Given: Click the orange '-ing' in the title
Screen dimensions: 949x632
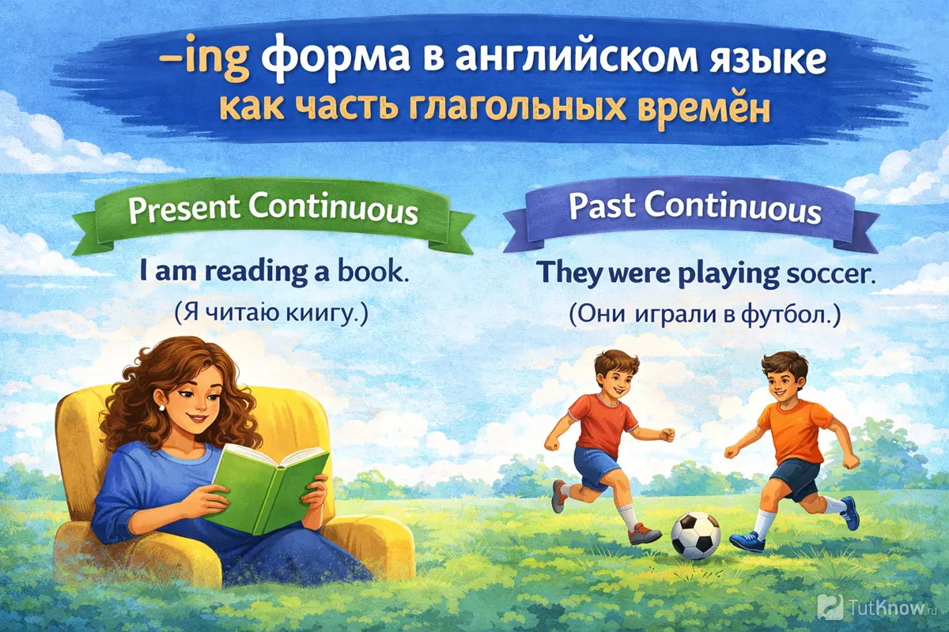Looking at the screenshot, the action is pyautogui.click(x=203, y=63).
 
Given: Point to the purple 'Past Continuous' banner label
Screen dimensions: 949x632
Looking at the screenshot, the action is pyautogui.click(x=695, y=209).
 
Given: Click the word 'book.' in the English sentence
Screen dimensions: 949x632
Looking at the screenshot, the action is pyautogui.click(x=373, y=272).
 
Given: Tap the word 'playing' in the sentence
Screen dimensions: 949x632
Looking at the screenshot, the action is pyautogui.click(x=728, y=275).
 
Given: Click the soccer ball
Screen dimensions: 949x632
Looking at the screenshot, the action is pyautogui.click(x=695, y=535).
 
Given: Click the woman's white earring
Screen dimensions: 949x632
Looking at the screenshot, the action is pyautogui.click(x=161, y=407).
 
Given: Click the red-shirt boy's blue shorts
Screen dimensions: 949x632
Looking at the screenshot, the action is pyautogui.click(x=593, y=465).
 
